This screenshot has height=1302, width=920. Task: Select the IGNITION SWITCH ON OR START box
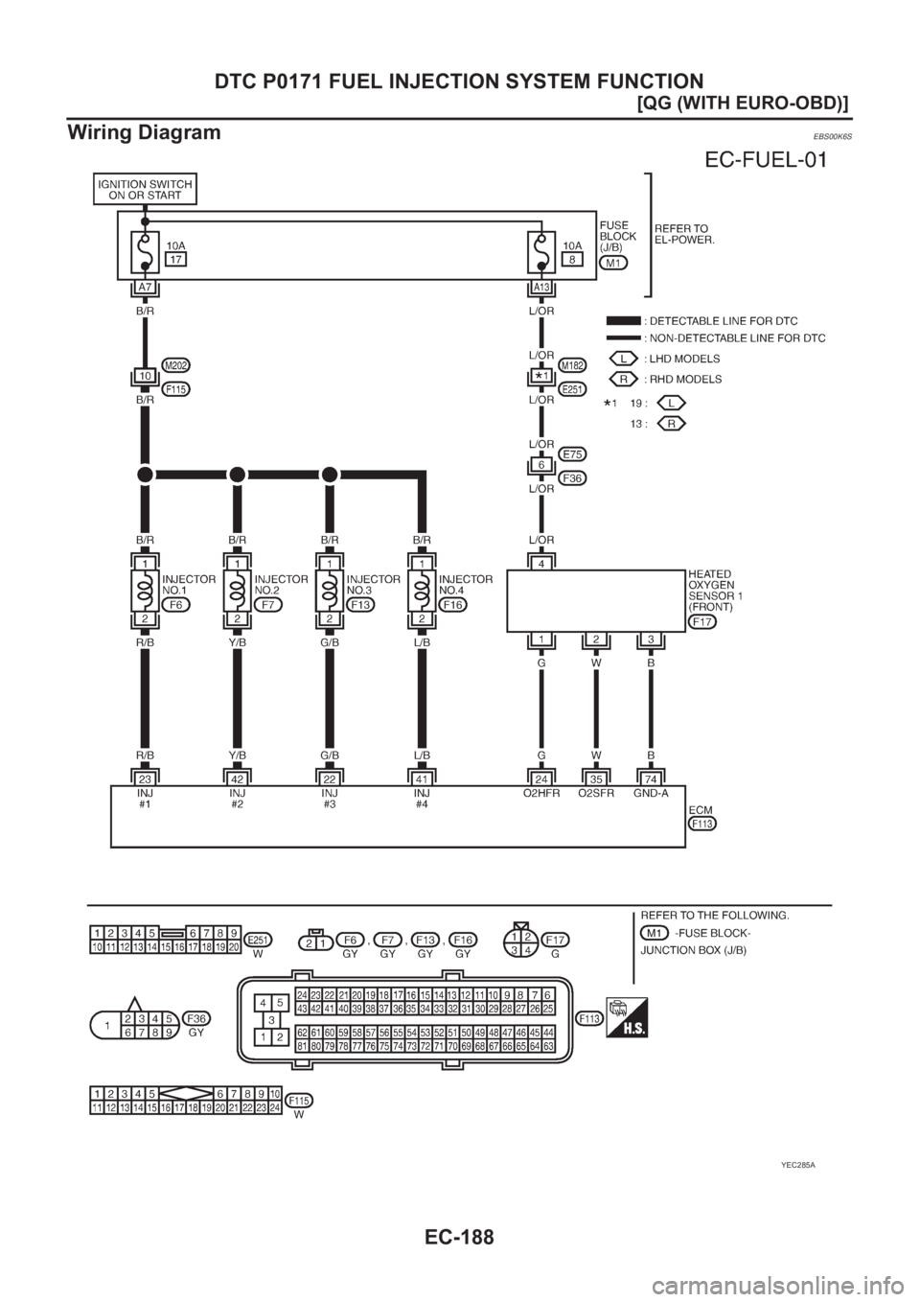[146, 190]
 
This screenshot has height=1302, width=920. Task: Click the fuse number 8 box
[569, 259]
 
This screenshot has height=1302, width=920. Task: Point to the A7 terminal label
[145, 288]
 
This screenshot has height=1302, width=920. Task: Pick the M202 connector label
[176, 364]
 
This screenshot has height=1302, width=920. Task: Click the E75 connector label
[573, 453]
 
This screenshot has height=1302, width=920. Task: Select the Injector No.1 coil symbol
[145, 592]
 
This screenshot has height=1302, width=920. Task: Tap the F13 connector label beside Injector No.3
[360, 606]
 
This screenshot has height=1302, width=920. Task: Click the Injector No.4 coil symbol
[421, 592]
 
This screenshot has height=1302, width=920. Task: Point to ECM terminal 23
[145, 779]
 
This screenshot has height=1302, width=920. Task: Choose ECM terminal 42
[237, 779]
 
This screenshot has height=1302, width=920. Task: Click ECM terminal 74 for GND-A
[651, 779]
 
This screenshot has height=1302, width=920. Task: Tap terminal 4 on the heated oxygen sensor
[541, 565]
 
